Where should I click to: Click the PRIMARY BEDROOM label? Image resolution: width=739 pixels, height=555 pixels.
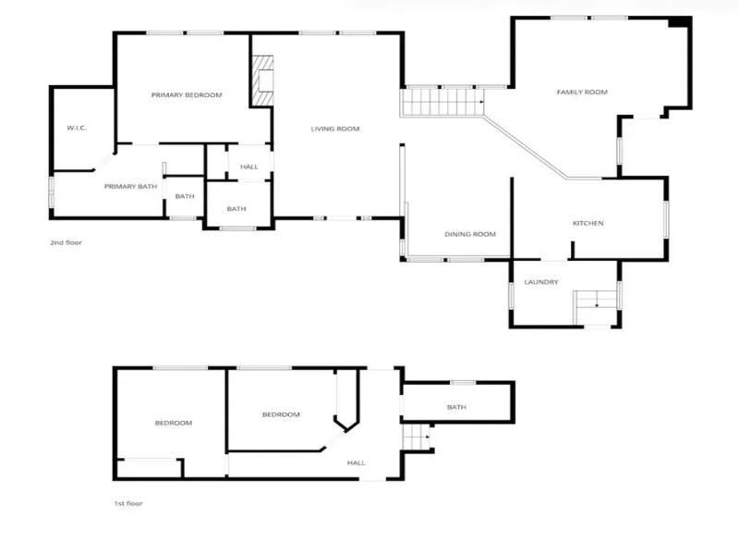pyautogui.click(x=187, y=95)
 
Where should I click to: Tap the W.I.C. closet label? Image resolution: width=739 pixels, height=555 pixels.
pyautogui.click(x=77, y=128)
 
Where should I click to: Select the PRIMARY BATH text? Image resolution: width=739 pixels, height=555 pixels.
pyautogui.click(x=130, y=187)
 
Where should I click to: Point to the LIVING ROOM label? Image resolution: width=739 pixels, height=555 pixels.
pyautogui.click(x=335, y=129)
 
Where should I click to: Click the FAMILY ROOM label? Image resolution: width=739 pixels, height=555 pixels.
pyautogui.click(x=582, y=92)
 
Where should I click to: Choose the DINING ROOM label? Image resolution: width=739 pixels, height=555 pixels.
pyautogui.click(x=470, y=234)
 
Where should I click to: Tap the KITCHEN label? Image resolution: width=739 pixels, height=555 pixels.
pyautogui.click(x=588, y=223)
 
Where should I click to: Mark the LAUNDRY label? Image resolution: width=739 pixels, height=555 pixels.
pyautogui.click(x=541, y=282)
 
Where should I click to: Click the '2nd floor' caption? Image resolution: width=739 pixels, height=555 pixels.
pyautogui.click(x=66, y=242)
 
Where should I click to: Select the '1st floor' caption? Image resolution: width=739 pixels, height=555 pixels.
pyautogui.click(x=128, y=503)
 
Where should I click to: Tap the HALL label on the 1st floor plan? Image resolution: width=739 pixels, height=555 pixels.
pyautogui.click(x=357, y=463)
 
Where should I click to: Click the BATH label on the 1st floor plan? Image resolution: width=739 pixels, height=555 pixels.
pyautogui.click(x=456, y=407)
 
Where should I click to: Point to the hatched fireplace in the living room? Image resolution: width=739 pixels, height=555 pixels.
pyautogui.click(x=263, y=80)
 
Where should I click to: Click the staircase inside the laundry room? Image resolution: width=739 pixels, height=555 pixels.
pyautogui.click(x=595, y=307)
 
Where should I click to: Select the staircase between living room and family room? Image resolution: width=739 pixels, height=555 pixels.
pyautogui.click(x=442, y=102)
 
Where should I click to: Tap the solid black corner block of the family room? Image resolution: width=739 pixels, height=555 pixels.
pyautogui.click(x=679, y=21)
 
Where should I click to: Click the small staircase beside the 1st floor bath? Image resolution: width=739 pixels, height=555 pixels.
pyautogui.click(x=417, y=438)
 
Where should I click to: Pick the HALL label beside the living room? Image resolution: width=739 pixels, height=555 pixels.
pyautogui.click(x=248, y=166)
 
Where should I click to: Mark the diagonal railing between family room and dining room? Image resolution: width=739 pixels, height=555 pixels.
pyautogui.click(x=526, y=147)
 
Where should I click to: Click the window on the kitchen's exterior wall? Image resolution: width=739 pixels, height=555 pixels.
pyautogui.click(x=666, y=219)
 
